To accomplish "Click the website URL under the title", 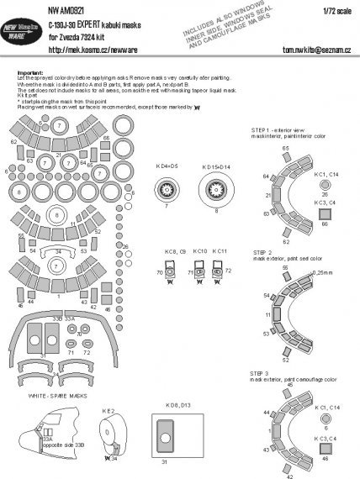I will (x=99, y=50).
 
